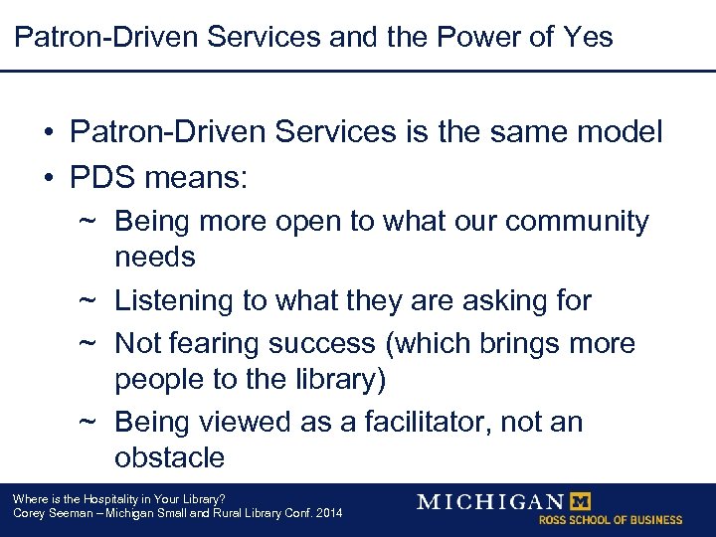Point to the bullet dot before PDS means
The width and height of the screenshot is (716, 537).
tap(48, 179)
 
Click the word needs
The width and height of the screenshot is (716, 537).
tap(155, 257)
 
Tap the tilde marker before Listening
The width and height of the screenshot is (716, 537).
tap(87, 300)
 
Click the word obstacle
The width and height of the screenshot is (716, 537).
tap(169, 457)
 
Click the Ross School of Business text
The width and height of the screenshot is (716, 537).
tap(610, 520)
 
